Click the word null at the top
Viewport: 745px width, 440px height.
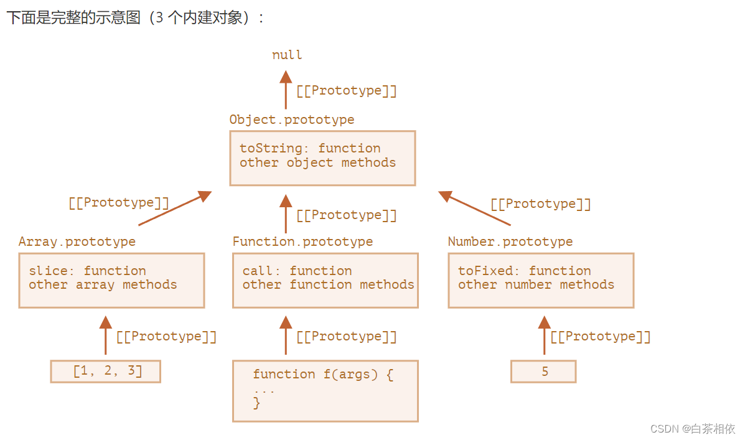287,55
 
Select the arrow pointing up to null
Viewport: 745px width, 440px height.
286,90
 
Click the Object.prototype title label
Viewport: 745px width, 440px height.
291,119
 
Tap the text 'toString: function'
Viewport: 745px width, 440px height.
309,148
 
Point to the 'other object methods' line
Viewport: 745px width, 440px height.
317,163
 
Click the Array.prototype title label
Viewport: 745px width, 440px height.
77,241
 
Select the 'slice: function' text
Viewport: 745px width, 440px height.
87,271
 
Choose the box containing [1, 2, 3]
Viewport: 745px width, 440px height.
106,372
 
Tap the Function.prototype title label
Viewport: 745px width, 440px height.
302,241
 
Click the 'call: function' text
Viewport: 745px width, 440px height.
297,271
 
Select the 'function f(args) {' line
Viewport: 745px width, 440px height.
322,375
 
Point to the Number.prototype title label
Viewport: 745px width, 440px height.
510,241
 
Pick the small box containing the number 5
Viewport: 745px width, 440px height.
544,372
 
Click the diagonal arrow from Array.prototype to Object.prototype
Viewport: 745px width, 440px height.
176,208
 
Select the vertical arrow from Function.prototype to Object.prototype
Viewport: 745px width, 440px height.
286,214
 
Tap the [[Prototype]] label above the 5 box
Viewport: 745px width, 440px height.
601,337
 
